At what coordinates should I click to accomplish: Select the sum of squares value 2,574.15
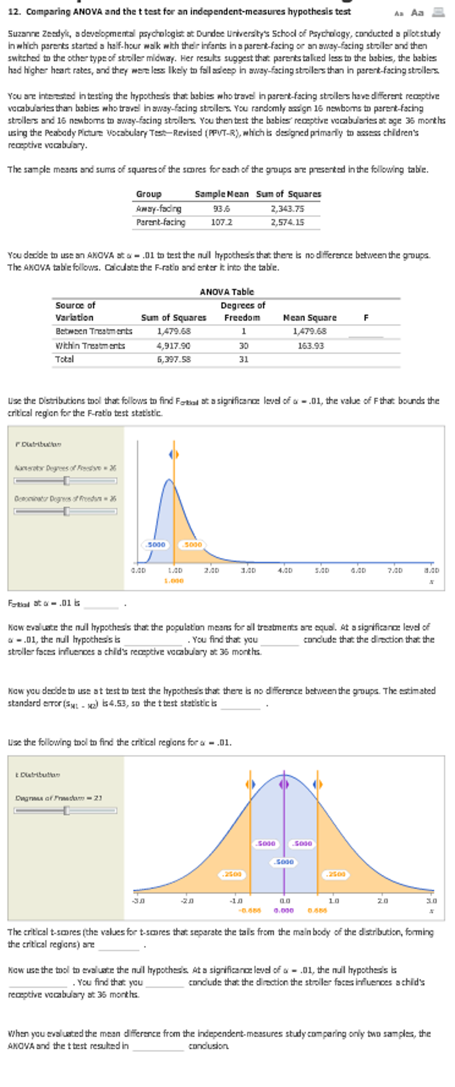[x=288, y=222]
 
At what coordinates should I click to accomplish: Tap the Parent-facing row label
[x=161, y=222]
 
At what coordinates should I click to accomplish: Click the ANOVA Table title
[x=227, y=292]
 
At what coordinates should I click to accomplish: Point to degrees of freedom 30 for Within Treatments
[x=243, y=345]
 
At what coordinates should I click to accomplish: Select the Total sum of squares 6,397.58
[x=174, y=359]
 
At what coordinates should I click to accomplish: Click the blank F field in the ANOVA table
[x=365, y=332]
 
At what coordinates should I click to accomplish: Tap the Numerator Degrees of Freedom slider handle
[x=66, y=481]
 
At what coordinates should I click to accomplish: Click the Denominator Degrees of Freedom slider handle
[x=66, y=511]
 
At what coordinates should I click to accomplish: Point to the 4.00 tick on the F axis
[x=285, y=570]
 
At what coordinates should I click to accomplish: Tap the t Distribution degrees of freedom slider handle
[x=66, y=811]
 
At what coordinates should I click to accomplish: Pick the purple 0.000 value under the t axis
[x=284, y=910]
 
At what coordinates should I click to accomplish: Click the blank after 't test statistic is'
[x=241, y=704]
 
